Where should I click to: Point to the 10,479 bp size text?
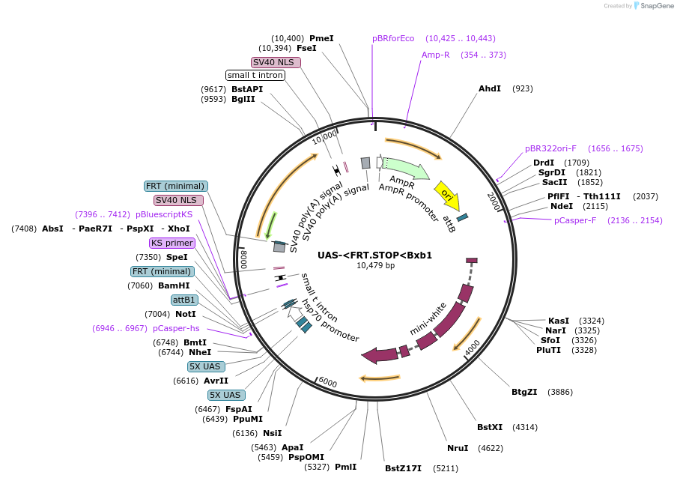tap(375, 265)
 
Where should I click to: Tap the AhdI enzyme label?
tap(490, 88)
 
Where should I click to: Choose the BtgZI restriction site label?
tap(524, 392)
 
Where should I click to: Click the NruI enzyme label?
tap(457, 448)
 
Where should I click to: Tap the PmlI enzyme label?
tap(345, 467)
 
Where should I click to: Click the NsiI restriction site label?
tap(273, 433)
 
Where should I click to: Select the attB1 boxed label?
tap(184, 300)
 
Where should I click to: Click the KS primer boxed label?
tap(172, 243)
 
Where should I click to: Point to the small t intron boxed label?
tap(255, 75)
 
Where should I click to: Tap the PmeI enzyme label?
tap(321, 38)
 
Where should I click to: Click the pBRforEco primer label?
tap(393, 38)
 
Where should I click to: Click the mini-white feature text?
tap(428, 318)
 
